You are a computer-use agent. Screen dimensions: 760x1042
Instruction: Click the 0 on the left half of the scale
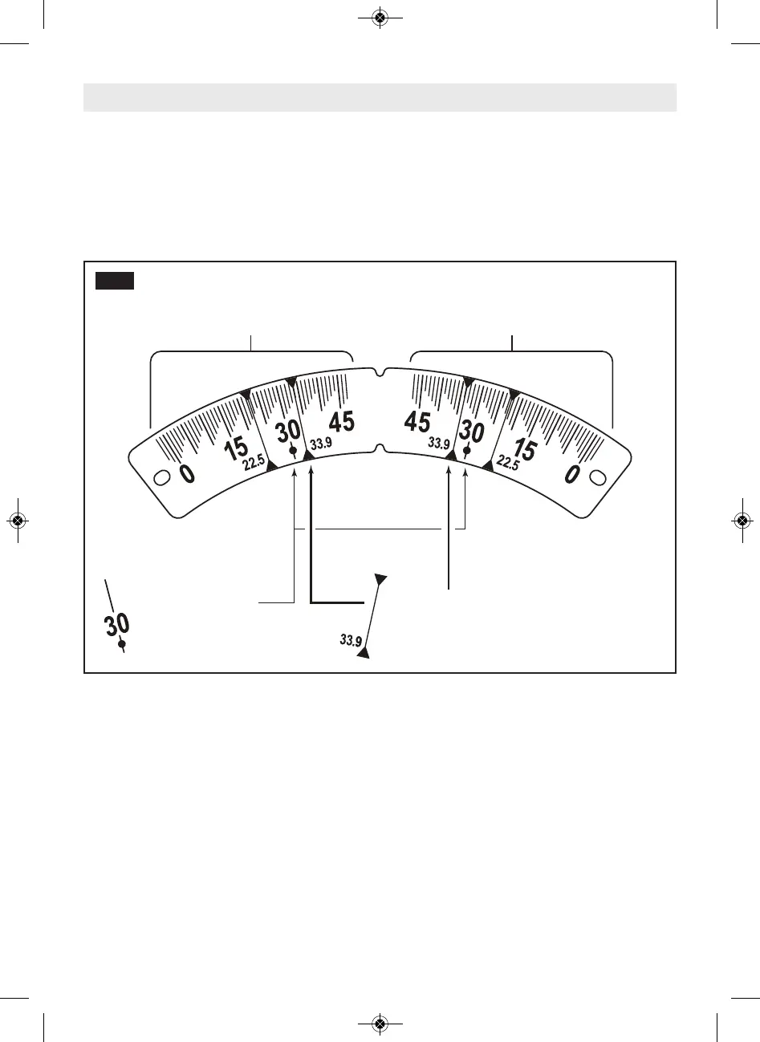pos(186,473)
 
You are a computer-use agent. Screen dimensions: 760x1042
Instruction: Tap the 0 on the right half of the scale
pos(571,473)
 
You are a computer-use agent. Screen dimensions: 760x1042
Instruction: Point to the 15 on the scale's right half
pos(525,449)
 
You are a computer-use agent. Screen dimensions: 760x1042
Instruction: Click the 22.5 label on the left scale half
pos(254,460)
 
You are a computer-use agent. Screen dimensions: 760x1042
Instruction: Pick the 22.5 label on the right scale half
pos(507,461)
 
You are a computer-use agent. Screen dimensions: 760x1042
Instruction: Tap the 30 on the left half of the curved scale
pos(288,432)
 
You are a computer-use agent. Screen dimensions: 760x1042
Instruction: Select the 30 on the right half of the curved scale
pos(471,432)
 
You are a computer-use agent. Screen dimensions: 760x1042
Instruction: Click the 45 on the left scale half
pos(342,421)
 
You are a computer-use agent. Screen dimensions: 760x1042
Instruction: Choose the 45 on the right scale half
pos(417,421)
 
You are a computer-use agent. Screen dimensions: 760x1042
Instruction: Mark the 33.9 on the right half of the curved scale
pos(439,442)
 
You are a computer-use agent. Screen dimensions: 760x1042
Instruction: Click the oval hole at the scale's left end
pos(161,477)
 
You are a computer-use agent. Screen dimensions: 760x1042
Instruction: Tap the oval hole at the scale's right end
pos(598,477)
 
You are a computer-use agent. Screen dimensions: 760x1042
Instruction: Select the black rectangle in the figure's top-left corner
pos(114,280)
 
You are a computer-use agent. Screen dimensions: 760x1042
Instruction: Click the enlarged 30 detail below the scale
pos(117,624)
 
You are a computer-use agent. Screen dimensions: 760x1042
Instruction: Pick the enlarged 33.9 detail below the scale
pos(352,639)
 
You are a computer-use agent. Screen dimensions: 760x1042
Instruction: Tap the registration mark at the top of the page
pos(380,18)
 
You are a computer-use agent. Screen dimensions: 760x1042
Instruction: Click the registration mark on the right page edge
pos(742,521)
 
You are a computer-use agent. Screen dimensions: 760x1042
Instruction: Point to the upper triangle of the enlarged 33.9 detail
pos(381,578)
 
